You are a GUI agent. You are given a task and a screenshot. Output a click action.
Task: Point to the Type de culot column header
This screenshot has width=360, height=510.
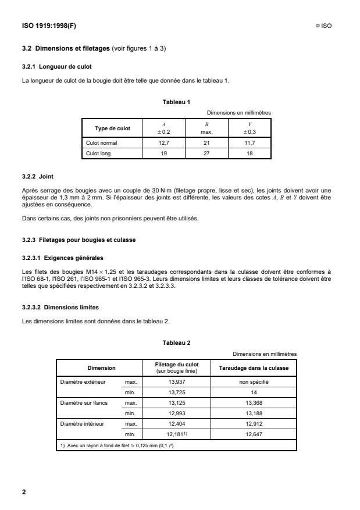113,128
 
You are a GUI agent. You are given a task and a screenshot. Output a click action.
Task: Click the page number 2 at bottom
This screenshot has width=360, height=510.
24,492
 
